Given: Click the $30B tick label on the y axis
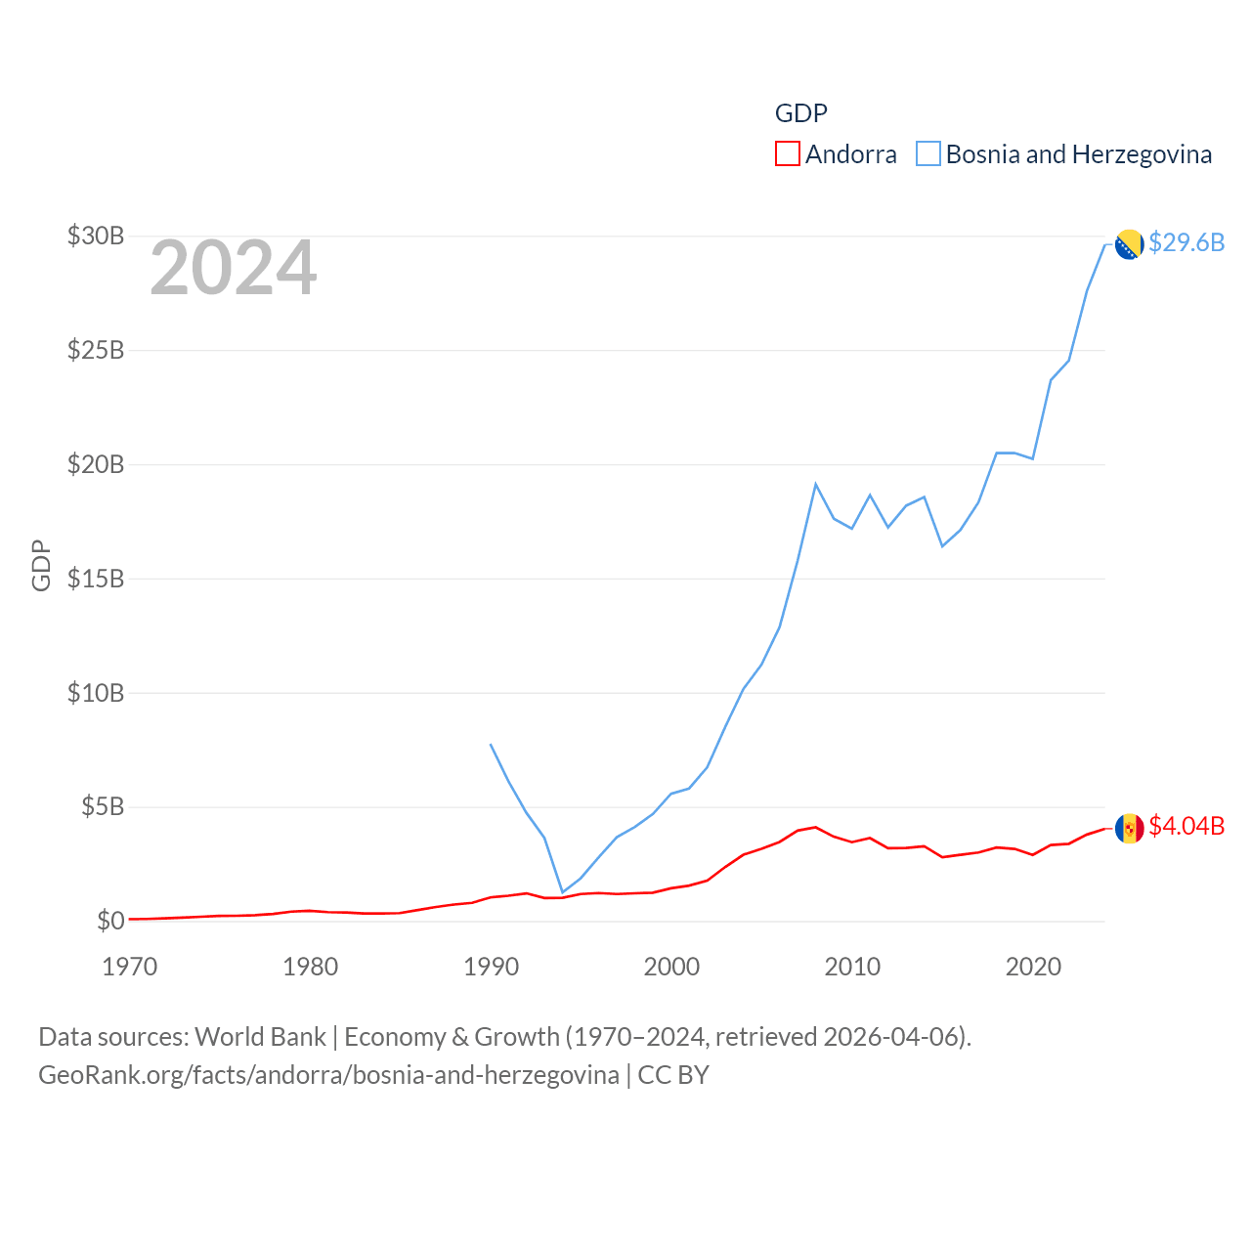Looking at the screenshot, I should (x=95, y=236).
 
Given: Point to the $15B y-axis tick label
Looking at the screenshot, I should (x=95, y=579).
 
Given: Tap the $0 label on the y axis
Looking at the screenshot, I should (x=110, y=921).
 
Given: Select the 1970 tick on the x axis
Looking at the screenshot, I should (x=130, y=967).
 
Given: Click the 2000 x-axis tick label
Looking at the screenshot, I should (x=671, y=967).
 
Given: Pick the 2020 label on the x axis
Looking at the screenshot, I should (x=1033, y=967).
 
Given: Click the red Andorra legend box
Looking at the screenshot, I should (x=788, y=154).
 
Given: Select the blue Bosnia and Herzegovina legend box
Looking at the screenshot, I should (x=928, y=154).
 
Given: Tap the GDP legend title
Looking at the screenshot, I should (x=800, y=113).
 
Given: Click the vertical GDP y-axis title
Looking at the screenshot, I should (x=41, y=565).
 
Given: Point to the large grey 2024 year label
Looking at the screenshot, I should (x=233, y=268).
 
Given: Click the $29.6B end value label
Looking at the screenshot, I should (x=1186, y=242).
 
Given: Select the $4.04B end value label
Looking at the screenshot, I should (x=1186, y=826).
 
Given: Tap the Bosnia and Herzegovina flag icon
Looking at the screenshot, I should (x=1129, y=244).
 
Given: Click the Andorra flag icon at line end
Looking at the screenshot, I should (x=1129, y=829).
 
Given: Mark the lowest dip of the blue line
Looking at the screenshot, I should (x=562, y=891).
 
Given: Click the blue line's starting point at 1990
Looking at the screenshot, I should (x=491, y=745).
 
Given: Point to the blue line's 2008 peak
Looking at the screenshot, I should (x=815, y=485).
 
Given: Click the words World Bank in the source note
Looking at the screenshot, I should (x=260, y=1036).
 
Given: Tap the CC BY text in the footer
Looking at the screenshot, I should (x=673, y=1075).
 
